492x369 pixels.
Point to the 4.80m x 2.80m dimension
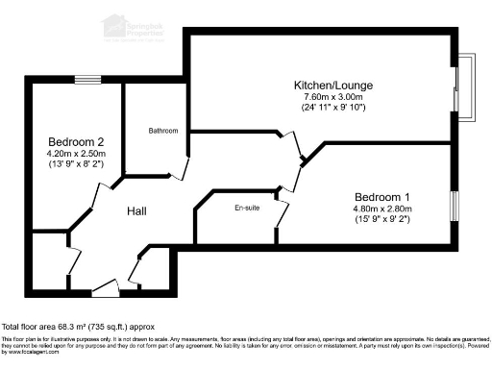point(381,207)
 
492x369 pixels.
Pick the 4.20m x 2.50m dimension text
point(74,153)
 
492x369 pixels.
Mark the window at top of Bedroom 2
point(89,80)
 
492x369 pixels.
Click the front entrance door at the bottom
point(106,285)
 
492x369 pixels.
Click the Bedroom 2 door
point(100,199)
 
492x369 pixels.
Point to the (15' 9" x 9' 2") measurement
point(381,218)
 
